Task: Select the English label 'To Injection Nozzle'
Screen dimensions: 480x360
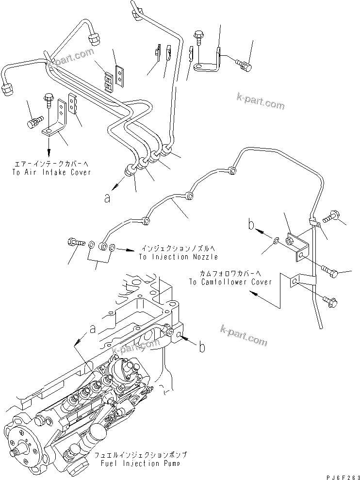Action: [x=178, y=257]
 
